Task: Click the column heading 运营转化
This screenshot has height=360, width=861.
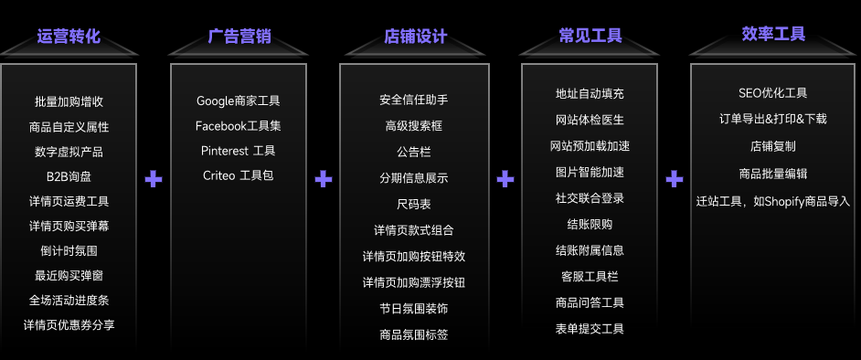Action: (69, 37)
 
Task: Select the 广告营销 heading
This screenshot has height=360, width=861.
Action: (239, 37)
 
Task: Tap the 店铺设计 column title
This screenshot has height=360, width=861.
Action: (415, 37)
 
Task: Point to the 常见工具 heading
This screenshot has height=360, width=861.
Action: (590, 37)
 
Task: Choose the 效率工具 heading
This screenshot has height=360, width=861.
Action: (773, 34)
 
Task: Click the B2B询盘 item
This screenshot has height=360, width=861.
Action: (69, 176)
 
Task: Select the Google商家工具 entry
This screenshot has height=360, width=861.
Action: (239, 101)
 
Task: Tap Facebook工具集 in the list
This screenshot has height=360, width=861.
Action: (239, 125)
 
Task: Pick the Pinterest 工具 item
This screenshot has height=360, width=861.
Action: (239, 151)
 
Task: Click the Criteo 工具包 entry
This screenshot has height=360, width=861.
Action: (239, 175)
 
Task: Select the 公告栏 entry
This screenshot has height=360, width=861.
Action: (414, 152)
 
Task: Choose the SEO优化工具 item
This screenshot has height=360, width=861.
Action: (772, 93)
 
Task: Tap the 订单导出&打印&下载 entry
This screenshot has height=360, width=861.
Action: (772, 119)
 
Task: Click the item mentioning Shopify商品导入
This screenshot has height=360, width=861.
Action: (772, 201)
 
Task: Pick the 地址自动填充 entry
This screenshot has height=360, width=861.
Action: (590, 93)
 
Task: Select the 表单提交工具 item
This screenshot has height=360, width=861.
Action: (590, 329)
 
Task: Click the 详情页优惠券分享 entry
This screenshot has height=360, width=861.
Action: (69, 324)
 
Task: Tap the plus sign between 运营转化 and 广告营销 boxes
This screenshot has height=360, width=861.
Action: (154, 179)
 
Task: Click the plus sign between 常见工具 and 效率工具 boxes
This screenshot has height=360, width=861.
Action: (675, 179)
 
